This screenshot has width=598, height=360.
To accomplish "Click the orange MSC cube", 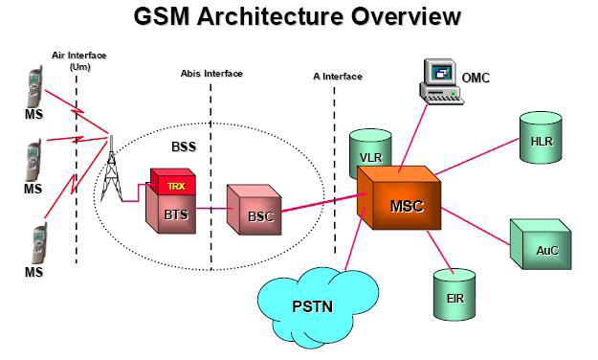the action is point(399,198).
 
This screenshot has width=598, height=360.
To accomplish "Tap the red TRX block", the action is point(173,182).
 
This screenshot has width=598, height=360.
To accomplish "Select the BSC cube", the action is point(254,210).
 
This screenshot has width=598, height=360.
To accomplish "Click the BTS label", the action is point(176,214).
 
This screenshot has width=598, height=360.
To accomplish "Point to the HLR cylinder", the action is point(541,138).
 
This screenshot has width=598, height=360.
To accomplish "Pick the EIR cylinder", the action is point(454,294).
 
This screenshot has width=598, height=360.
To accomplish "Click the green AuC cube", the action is point(541,244).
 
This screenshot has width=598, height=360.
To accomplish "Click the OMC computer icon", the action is point(441,81).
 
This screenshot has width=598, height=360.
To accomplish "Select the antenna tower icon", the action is point(111,169).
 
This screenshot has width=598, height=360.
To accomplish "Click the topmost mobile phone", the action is point(34,87).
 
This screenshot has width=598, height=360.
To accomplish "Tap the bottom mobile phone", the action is point(39,244).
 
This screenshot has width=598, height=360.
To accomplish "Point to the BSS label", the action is point(184,146).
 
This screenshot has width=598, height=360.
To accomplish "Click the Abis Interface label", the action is point(211,74).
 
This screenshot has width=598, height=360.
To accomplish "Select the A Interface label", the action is point(338,77).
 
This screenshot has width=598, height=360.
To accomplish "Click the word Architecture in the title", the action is point(271,16).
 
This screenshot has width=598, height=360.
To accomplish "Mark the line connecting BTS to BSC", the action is point(214,209).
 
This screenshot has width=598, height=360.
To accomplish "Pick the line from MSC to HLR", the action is point(477,156).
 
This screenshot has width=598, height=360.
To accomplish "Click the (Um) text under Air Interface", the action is point(79,67).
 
